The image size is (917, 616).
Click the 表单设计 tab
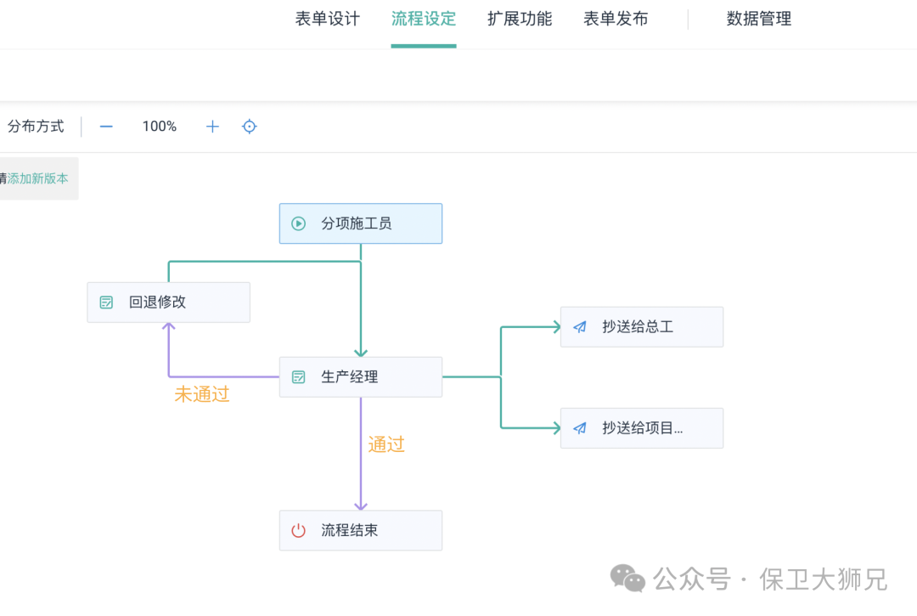coord(328,19)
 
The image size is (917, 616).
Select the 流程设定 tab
coord(424,19)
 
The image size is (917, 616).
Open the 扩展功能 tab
coord(520,19)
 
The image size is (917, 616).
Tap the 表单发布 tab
coord(616,19)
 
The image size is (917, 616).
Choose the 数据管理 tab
coord(759,19)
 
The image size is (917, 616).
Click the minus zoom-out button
coord(106,127)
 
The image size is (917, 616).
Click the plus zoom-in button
coord(212,127)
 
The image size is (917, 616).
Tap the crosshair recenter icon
coord(250,127)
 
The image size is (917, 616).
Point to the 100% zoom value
coord(160,127)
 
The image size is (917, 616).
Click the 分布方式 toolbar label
coord(36,127)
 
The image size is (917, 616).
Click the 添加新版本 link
coord(38,178)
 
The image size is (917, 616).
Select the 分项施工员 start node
coord(361,223)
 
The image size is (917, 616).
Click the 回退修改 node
coord(168,302)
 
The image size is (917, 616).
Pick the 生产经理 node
coord(361,377)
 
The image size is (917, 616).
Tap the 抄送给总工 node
coord(641,327)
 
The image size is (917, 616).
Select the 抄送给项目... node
coord(641,428)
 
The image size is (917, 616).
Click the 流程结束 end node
coord(361,530)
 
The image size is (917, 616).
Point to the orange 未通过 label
coord(202,394)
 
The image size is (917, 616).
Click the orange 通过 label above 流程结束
coord(386,444)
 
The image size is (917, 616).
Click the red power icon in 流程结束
coord(298,531)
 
